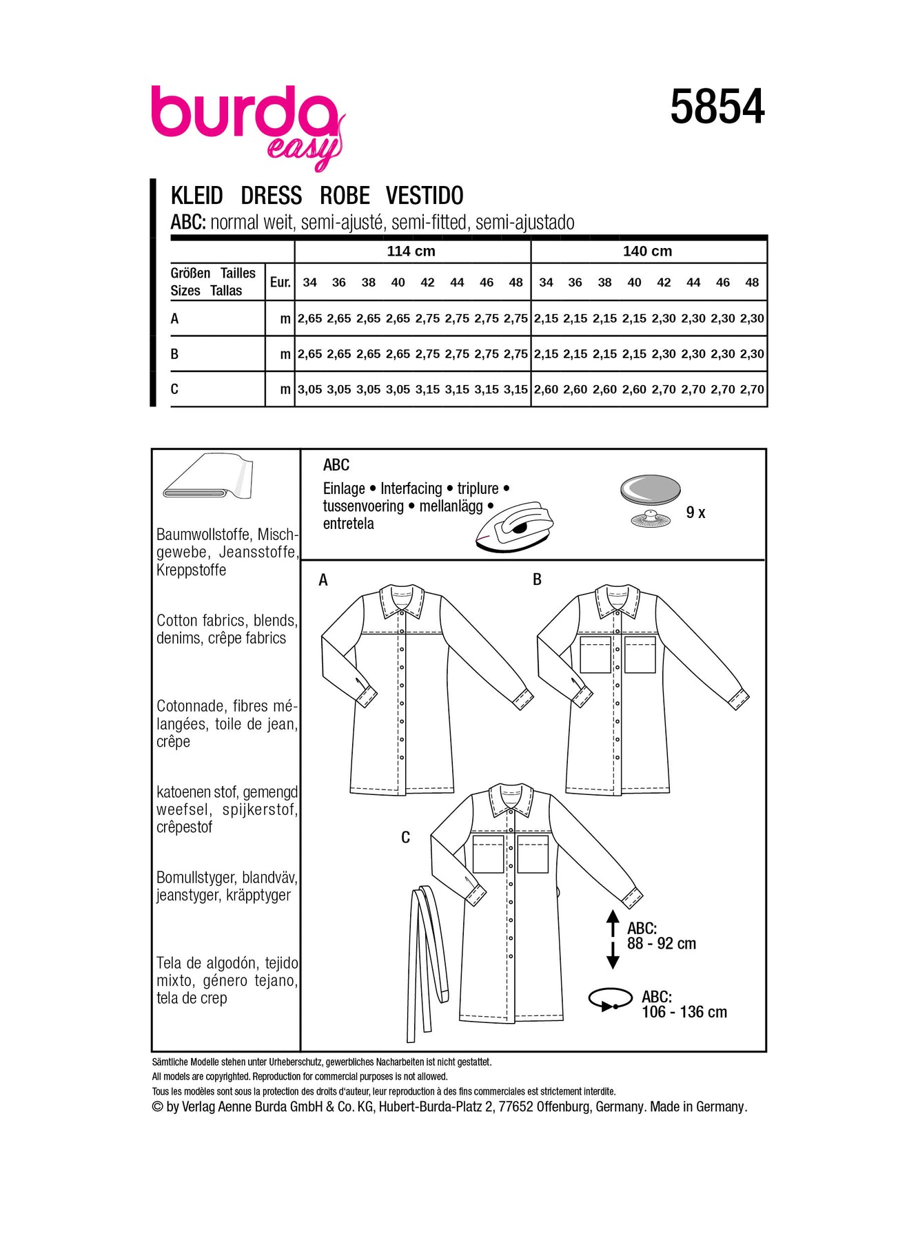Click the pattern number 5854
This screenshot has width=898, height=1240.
pos(717,107)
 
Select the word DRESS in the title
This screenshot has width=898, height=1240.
pos(271,196)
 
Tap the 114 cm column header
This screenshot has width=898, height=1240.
pos(411,251)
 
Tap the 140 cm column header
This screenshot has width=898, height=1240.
pos(647,251)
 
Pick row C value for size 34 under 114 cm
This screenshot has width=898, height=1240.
pos(309,389)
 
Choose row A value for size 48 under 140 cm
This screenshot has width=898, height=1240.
pos(752,318)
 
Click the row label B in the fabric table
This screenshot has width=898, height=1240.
pos(174,354)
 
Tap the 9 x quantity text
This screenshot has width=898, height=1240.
pos(695,513)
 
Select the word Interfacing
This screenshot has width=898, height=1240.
pos(411,488)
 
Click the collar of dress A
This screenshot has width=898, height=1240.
pos(402,601)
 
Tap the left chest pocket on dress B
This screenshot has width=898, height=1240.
pos(595,654)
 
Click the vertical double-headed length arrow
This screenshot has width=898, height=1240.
pos(612,940)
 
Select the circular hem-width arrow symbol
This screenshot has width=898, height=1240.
pos(610,1000)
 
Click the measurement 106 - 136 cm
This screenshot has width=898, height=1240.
pos(684,1012)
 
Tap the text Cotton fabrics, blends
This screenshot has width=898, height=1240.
pos(227,621)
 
